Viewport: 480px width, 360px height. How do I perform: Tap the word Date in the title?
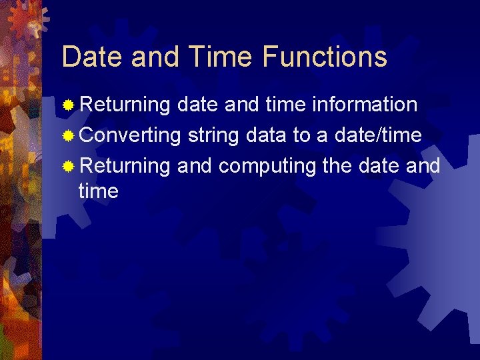point(93,57)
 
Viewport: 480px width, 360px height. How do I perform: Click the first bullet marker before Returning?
point(68,105)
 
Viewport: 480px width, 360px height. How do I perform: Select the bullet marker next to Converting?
point(68,136)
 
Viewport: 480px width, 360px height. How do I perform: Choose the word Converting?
point(130,135)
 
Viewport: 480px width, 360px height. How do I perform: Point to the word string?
point(214,136)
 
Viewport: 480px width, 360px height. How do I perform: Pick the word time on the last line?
point(98,192)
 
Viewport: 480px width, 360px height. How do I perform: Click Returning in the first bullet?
point(125,105)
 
